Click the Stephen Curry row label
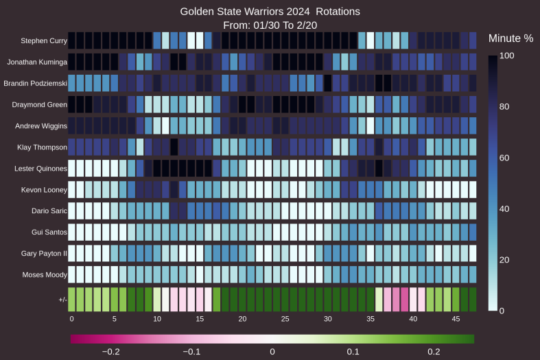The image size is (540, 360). click(44, 40)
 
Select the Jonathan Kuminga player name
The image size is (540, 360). click(37, 62)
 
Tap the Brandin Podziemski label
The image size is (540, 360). click(35, 83)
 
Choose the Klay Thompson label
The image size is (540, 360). click(43, 147)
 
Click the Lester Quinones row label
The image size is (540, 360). click(41, 168)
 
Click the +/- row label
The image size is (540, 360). click(62, 299)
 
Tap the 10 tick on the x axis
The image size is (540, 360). click(157, 319)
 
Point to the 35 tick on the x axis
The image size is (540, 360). click(371, 319)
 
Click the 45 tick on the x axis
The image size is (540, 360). click(456, 319)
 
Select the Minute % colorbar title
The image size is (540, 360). click(510, 38)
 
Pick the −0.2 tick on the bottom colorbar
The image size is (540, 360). click(110, 351)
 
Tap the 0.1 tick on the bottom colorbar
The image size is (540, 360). click(353, 351)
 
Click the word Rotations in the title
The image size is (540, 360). click(334, 12)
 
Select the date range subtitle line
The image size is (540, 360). click(270, 25)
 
